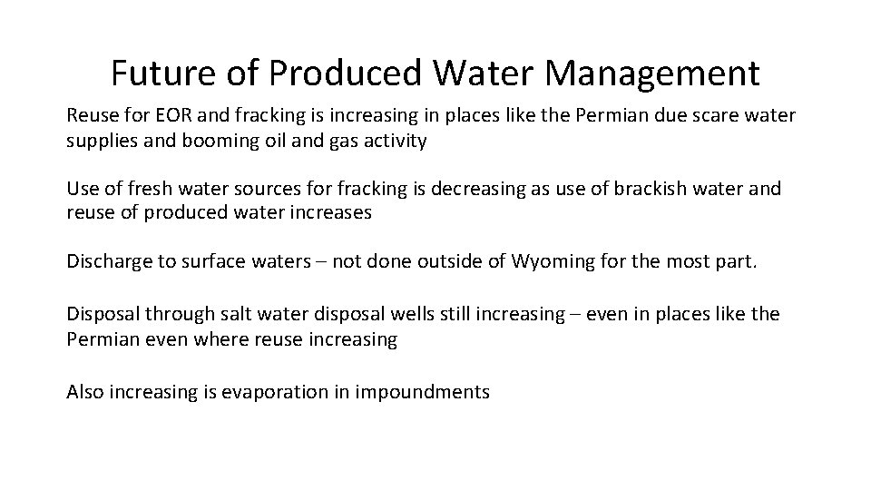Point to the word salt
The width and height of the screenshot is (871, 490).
[235, 314]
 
